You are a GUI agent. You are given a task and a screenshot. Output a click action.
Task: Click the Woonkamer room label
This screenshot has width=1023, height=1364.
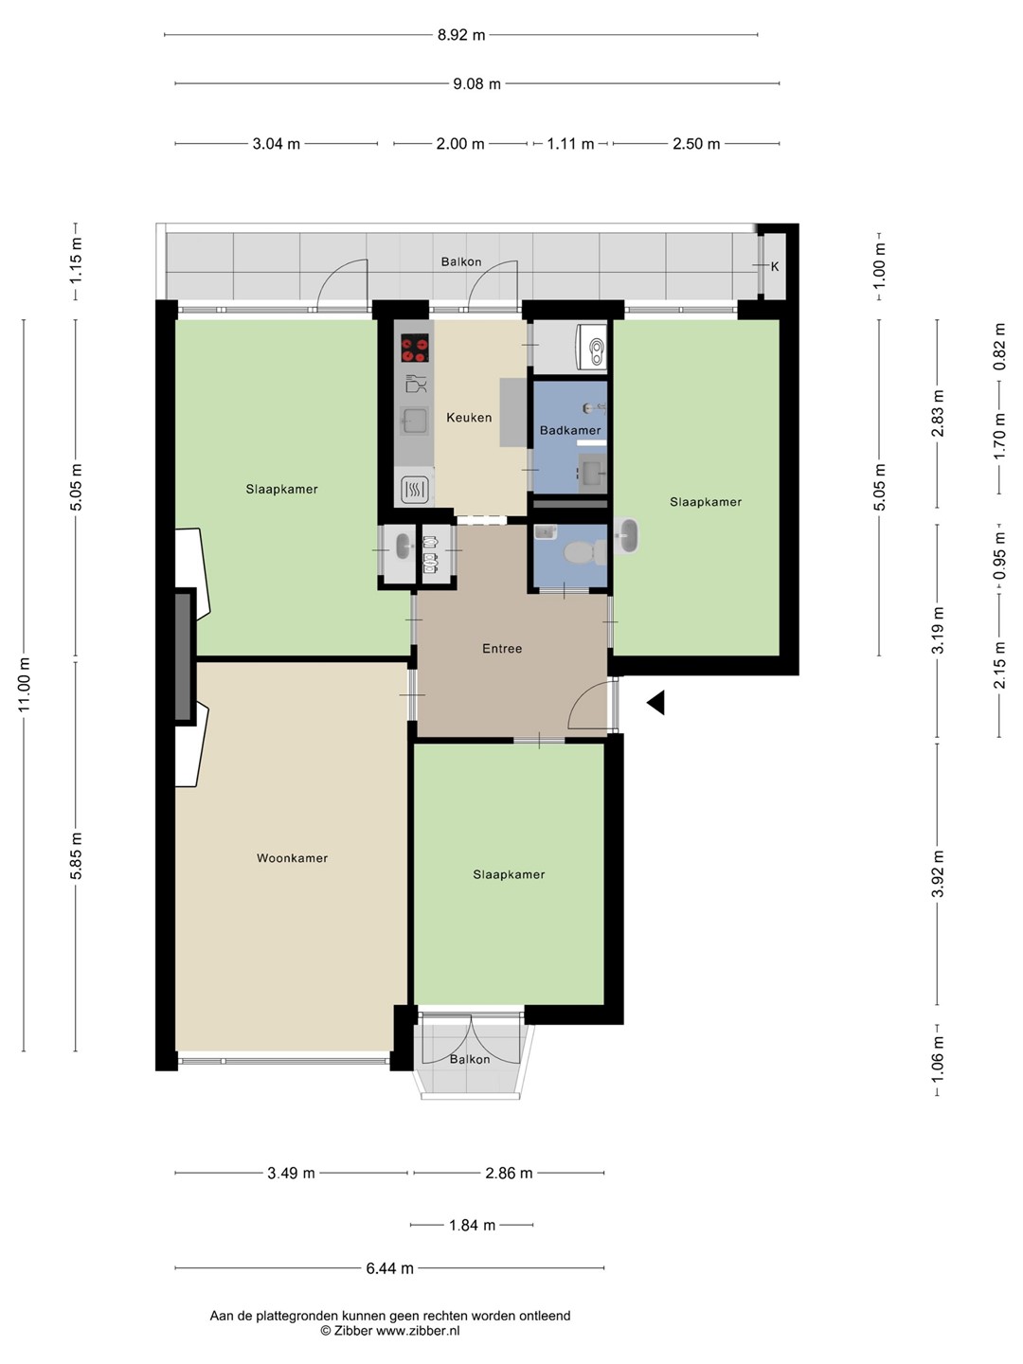pos(292,858)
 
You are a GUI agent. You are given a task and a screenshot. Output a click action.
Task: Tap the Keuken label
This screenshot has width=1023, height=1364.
pos(469,418)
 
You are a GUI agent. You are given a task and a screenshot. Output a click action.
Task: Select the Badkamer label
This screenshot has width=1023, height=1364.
pos(570,430)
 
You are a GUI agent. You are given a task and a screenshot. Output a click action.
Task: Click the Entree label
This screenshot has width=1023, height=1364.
pos(502,649)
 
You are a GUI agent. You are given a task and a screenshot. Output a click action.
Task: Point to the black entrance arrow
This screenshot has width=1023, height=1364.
pos(656,702)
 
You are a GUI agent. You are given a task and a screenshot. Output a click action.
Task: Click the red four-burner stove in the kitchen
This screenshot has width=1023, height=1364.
pos(414,348)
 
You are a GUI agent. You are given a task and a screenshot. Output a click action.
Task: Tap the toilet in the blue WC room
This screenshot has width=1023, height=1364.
pos(583,552)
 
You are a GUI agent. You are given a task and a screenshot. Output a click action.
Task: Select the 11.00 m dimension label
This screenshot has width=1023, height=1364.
pos(25,685)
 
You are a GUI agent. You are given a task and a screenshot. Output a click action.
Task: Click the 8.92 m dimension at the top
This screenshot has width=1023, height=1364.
pos(461,35)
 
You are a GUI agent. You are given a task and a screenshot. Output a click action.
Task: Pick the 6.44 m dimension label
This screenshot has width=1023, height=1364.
pos(389,1268)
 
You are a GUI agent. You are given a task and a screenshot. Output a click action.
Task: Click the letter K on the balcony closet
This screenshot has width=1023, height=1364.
pos(775,266)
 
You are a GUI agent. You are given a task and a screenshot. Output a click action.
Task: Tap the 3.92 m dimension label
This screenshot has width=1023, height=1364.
pos(938,873)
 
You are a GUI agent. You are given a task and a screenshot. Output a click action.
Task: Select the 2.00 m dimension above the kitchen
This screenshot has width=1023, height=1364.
pos(460,144)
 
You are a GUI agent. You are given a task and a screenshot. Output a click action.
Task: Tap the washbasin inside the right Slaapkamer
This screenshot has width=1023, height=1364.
pos(627,535)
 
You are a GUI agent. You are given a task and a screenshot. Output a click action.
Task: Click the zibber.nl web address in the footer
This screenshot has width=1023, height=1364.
pos(418,1331)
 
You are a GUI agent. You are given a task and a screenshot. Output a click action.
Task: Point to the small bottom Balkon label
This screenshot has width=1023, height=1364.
pos(470,1060)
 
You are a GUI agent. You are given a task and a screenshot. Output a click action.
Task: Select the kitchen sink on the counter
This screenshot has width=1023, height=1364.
pos(414,421)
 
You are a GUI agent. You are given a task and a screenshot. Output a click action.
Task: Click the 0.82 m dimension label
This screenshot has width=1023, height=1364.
pos(999,347)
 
